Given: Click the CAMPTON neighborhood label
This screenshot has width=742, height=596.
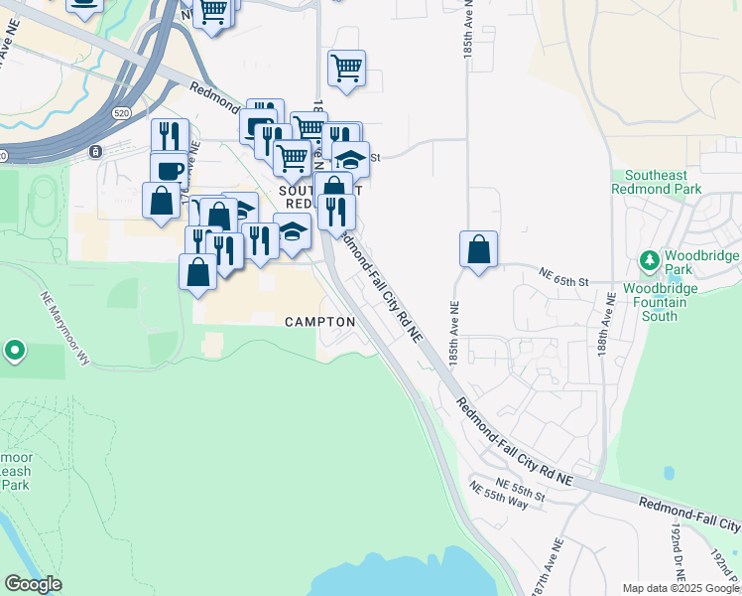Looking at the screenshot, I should (319, 322).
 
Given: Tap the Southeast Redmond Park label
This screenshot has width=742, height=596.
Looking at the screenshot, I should (656, 181).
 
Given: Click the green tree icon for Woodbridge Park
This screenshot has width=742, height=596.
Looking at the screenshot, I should (650, 261).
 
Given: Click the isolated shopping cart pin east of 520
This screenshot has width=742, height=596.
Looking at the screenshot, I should (346, 69).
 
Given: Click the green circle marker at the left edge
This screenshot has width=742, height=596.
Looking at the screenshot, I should (15, 351).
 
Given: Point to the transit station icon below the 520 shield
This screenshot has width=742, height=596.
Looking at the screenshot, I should (95, 152).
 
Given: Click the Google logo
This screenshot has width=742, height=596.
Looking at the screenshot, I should (34, 584).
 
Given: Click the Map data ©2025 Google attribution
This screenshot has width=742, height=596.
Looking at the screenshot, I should (680, 588).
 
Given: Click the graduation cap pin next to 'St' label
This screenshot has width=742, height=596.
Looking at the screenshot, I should (350, 158).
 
